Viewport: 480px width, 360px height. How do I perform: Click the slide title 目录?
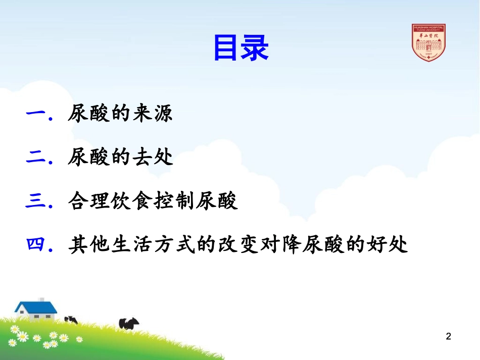click(241, 48)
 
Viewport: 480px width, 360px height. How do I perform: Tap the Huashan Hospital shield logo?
click(428, 43)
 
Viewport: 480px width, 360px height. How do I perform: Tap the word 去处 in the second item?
click(155, 158)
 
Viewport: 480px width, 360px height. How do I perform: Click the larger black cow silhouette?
click(129, 323)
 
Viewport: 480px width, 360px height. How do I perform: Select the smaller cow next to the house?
click(71, 319)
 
